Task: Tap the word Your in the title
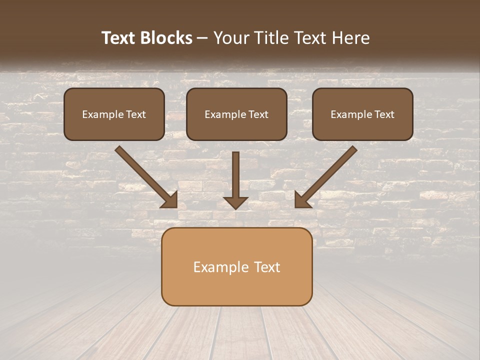point(231,38)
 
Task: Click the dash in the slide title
point(202,38)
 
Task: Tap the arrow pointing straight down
point(235,177)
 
